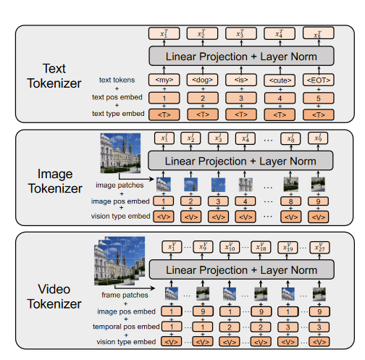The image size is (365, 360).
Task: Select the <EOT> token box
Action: pos(315,79)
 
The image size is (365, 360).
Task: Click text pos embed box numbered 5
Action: pos(315,97)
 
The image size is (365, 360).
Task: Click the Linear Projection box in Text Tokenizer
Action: pos(240,56)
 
